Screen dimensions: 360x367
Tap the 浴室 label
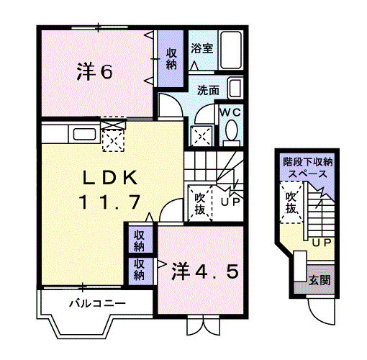(x=201, y=49)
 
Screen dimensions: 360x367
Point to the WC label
(x=230, y=112)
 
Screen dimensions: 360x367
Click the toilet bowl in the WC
(x=231, y=132)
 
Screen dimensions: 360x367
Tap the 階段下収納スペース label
(x=307, y=168)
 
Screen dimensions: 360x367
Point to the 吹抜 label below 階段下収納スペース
(x=291, y=202)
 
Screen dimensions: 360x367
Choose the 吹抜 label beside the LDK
(x=201, y=203)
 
